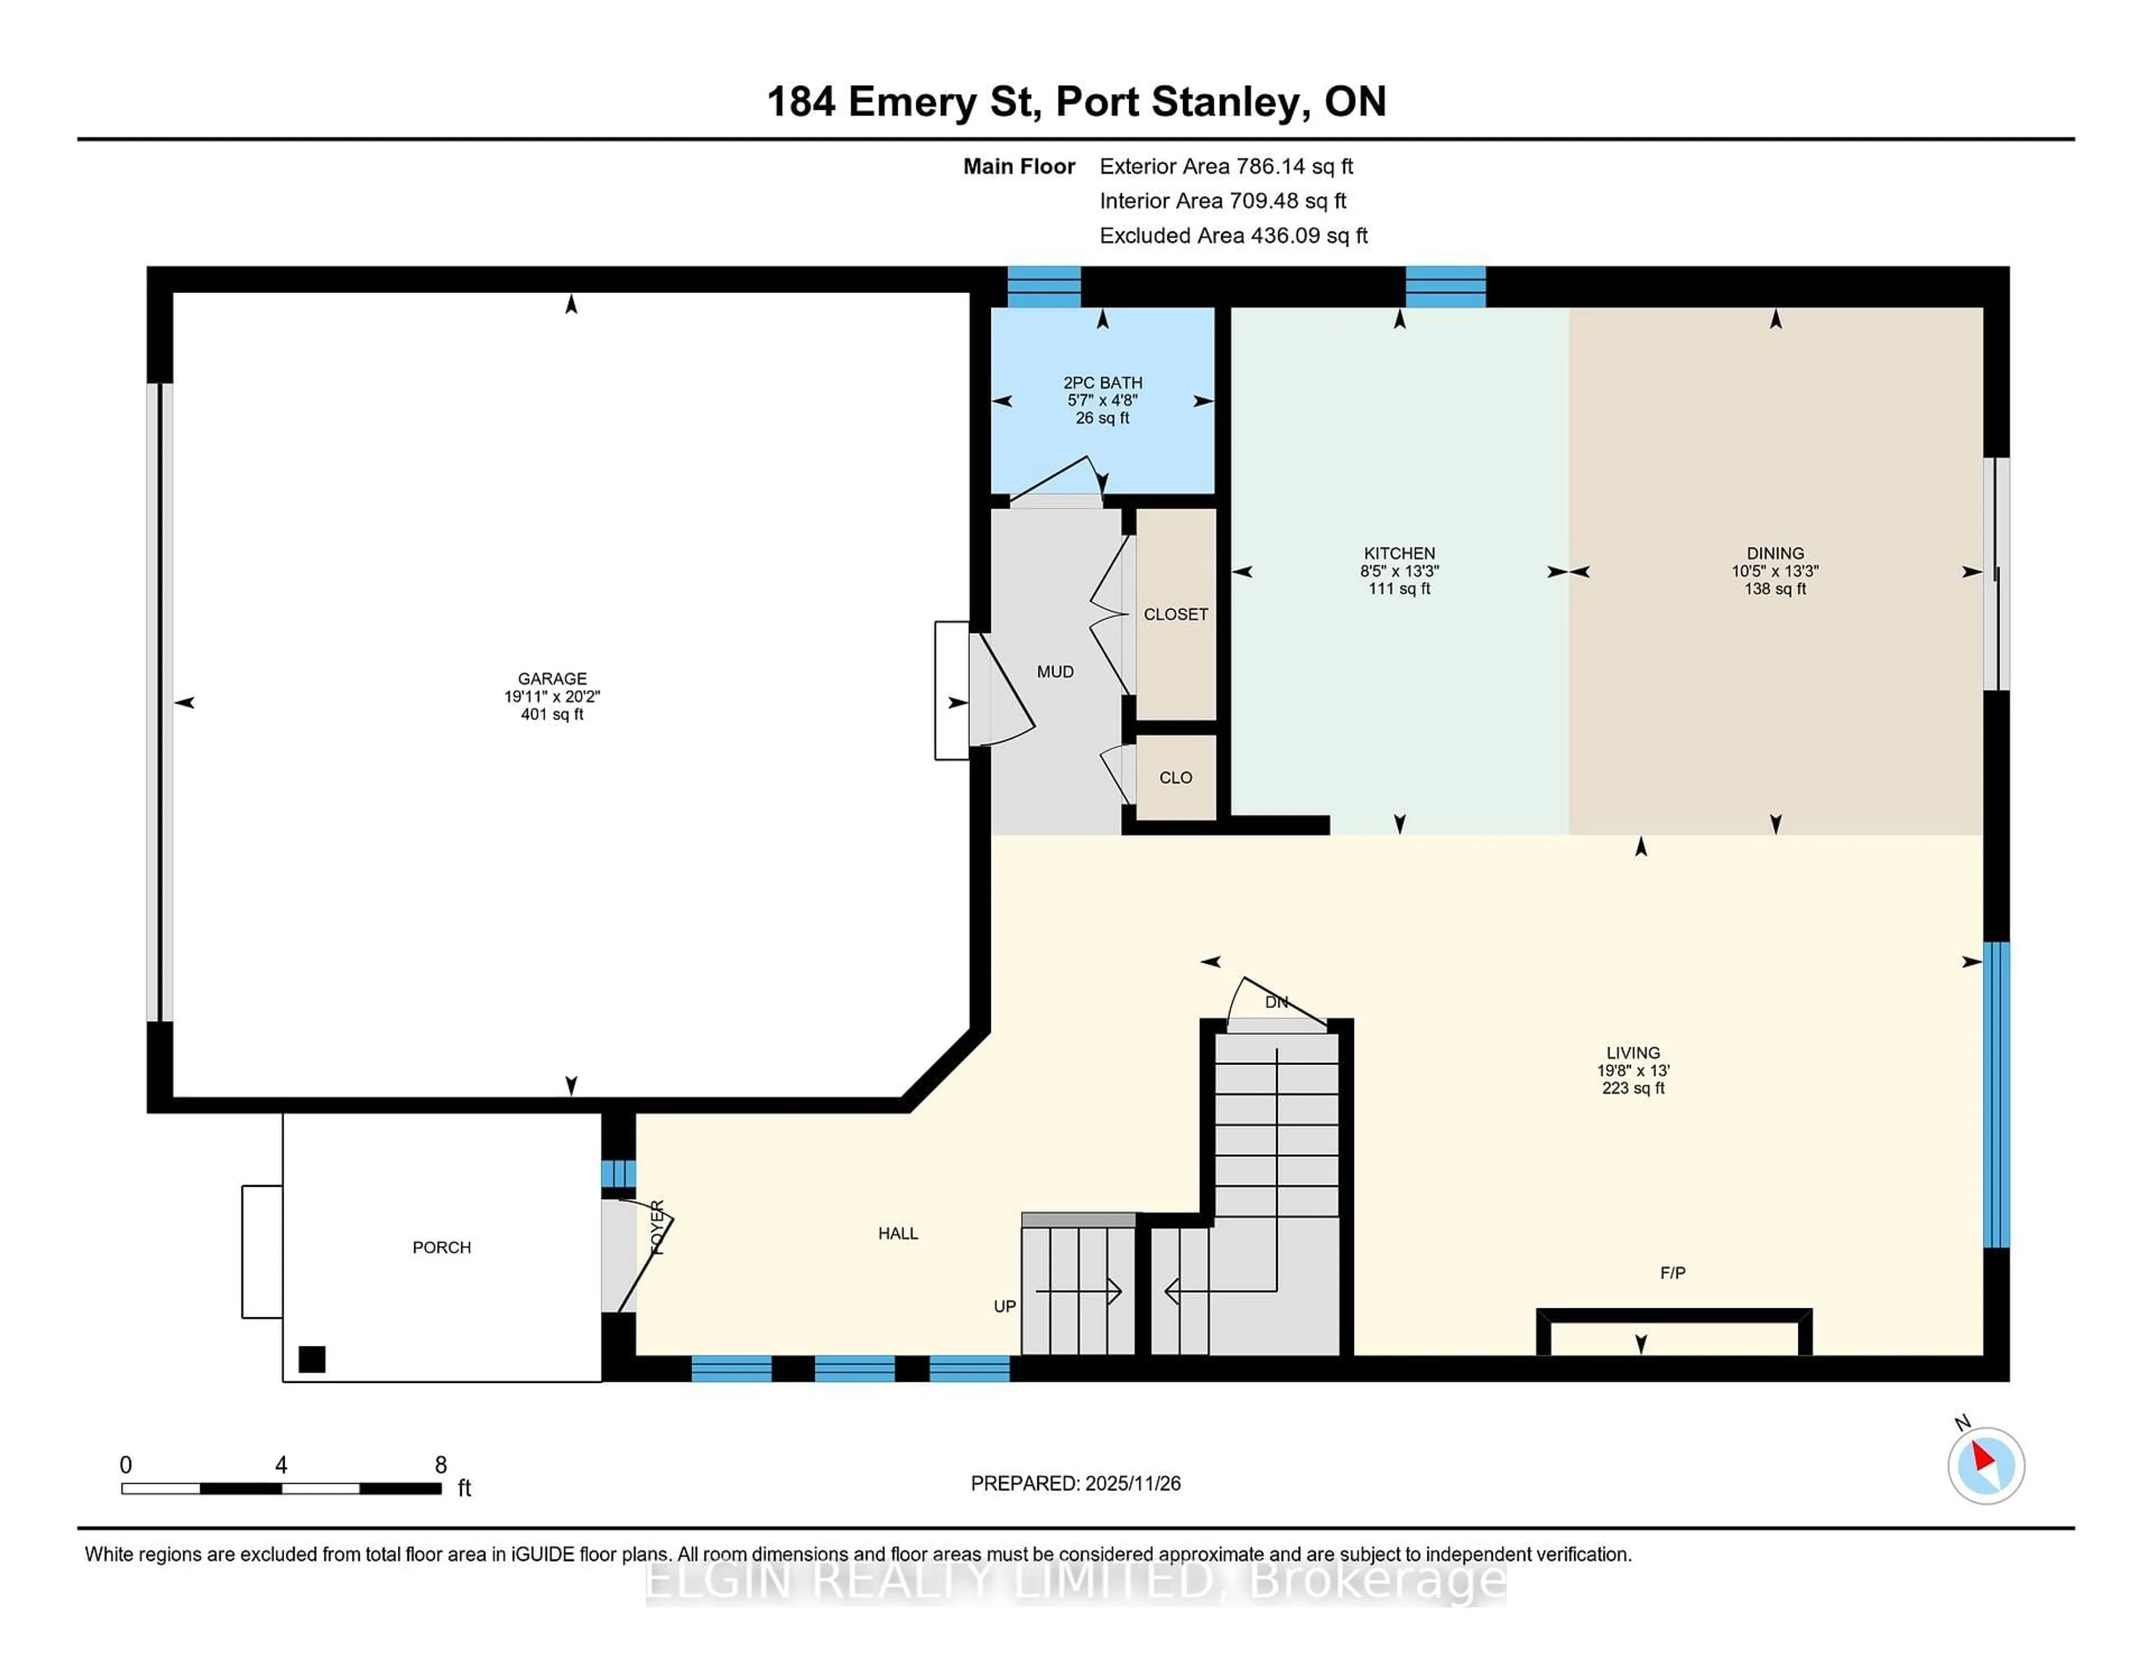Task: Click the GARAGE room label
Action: coord(552,679)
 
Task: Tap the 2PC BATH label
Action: coord(1102,382)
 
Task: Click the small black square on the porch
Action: coord(312,1359)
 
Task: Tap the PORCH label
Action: coord(442,1247)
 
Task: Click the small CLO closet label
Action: coord(1176,777)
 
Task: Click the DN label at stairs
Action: coord(1276,1002)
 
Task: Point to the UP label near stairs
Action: coord(1004,1306)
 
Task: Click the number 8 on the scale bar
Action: coord(440,1465)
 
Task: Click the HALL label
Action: coord(898,1233)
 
